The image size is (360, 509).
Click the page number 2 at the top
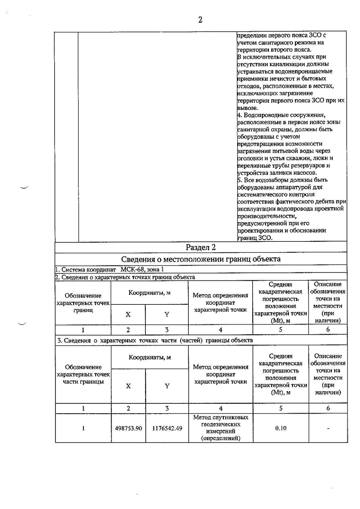click(200, 20)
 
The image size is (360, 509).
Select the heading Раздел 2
click(200, 247)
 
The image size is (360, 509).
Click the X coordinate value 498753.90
click(128, 428)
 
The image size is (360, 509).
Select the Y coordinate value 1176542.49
click(167, 428)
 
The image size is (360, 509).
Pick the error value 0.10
click(280, 428)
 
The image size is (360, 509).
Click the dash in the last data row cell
click(328, 429)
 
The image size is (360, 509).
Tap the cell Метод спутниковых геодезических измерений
click(220, 428)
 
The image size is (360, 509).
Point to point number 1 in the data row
click(83, 428)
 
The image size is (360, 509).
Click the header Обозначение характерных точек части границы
click(83, 374)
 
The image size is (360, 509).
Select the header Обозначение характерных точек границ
click(83, 303)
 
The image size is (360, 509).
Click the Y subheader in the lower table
click(167, 386)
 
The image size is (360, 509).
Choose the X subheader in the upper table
click(128, 314)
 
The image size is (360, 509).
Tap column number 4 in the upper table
click(220, 330)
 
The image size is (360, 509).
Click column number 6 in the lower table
click(328, 408)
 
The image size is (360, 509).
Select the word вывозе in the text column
click(247, 108)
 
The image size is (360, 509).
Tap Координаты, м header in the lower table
click(150, 357)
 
